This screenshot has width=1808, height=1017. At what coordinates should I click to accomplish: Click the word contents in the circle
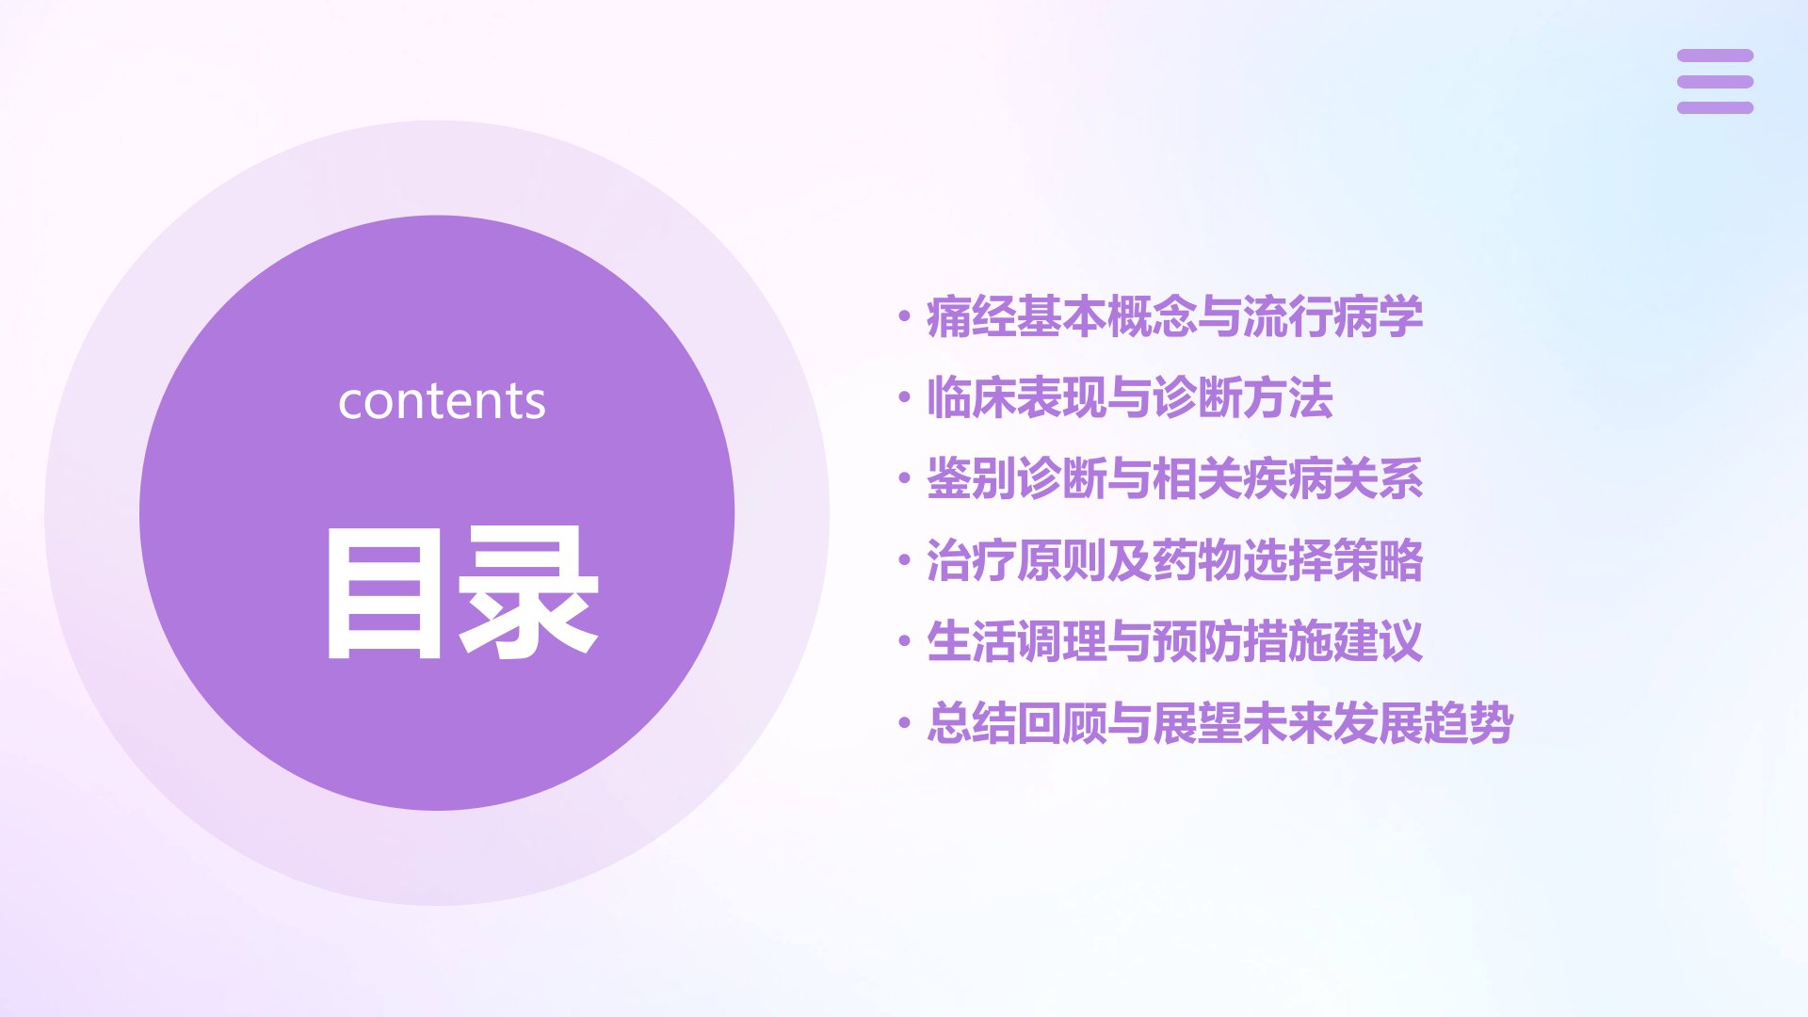coord(442,401)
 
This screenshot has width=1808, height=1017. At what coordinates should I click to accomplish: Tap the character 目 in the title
coord(383,592)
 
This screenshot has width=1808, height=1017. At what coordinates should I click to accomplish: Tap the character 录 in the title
coord(528,592)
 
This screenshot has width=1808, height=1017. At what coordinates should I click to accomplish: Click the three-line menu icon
coord(1715,82)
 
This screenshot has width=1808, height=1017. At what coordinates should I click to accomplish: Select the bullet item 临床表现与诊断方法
coord(1130,397)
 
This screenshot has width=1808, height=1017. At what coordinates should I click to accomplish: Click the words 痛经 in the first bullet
coord(972,316)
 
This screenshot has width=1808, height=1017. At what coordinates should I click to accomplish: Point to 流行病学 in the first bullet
coord(1332,316)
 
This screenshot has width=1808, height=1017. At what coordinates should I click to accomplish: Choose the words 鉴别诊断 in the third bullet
coord(1017,478)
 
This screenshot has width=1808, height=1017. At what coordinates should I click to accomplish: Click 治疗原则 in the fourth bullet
coord(1017,560)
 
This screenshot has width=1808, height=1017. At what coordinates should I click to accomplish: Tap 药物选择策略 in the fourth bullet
coord(1287,560)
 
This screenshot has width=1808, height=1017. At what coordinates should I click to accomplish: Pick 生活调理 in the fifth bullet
coord(1017,641)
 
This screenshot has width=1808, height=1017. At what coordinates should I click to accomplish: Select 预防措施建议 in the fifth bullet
coord(1287,641)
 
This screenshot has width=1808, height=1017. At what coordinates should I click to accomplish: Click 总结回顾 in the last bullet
coord(1017,723)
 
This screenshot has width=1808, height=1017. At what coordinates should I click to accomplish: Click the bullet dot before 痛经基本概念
coord(904,316)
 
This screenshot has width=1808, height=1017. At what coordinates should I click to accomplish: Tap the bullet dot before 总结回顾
coord(904,723)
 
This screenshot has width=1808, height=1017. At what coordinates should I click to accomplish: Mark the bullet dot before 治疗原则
coord(904,560)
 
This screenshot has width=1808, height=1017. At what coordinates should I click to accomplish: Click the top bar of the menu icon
coord(1715,56)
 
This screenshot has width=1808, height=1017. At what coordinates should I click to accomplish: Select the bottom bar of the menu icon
coord(1715,108)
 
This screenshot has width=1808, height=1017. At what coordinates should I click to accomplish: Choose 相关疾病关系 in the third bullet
coord(1287,478)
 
